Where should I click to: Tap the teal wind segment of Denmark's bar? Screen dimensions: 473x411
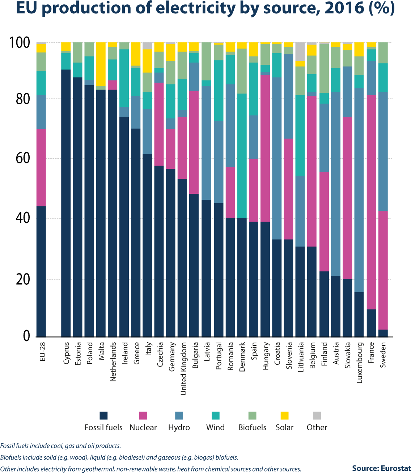coord(242,156)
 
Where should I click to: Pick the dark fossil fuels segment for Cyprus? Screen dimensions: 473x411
coord(66,203)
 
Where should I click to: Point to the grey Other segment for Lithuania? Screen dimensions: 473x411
coord(300,52)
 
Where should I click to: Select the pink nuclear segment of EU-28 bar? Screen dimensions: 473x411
coord(41,168)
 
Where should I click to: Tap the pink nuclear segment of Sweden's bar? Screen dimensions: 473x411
coord(383,270)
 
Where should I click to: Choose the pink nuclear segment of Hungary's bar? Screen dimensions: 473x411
coord(265,148)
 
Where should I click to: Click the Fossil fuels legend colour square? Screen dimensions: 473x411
coord(103,415)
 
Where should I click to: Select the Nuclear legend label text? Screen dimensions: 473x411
coord(143,428)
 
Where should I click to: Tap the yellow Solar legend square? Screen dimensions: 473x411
coord(284,415)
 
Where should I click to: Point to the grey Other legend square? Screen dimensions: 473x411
coord(317,415)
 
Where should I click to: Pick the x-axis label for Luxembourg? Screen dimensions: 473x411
coord(359,363)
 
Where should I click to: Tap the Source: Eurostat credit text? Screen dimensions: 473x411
coord(381,469)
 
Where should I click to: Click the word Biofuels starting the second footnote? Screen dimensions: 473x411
coord(10,457)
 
